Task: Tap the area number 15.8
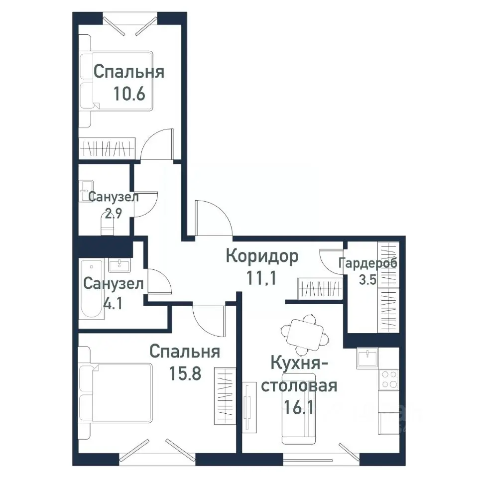185,373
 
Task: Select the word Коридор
262,257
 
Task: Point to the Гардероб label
368,263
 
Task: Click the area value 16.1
298,407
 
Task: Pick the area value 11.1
261,278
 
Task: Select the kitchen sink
367,358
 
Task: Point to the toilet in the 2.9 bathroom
107,224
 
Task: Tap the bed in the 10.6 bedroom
116,81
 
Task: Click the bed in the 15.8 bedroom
115,393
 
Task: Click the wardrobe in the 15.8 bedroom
225,396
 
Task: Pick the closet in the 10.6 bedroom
107,148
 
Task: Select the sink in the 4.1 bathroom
119,265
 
